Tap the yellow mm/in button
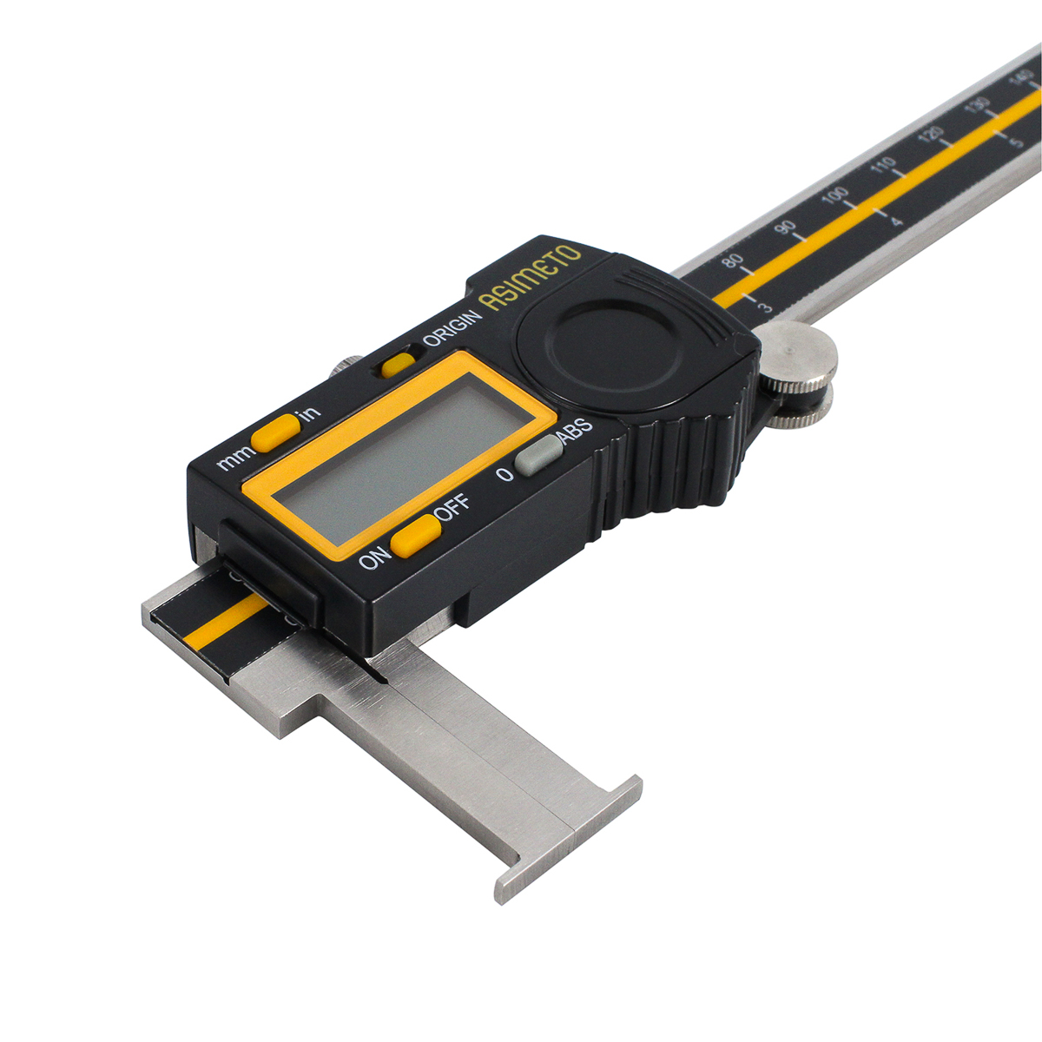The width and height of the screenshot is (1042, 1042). (x=276, y=433)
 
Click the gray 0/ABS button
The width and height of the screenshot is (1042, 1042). (x=538, y=455)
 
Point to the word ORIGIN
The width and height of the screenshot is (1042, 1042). (x=452, y=328)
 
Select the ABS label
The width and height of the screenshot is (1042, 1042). (x=577, y=432)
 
